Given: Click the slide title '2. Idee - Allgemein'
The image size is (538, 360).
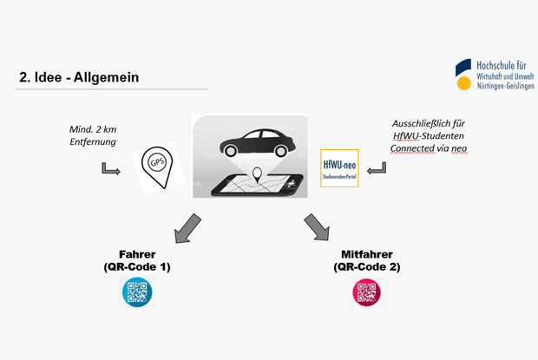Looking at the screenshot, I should (79, 77).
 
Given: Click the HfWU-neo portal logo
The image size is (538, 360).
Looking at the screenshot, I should (339, 167).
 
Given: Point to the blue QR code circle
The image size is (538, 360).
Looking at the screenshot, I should (136, 292).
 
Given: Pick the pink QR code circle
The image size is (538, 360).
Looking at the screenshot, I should (366, 292).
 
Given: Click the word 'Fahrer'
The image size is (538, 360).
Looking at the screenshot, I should (136, 254).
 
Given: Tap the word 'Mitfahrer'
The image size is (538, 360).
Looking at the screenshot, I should (367, 254).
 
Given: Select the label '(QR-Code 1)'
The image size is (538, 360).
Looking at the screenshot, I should (136, 266).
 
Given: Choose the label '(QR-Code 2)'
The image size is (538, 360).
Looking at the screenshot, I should (367, 266).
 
